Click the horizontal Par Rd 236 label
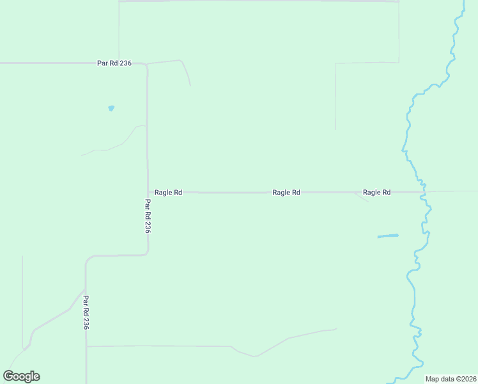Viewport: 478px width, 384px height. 114,63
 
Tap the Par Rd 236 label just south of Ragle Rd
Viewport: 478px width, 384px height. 147,216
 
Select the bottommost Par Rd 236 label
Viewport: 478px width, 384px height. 86,312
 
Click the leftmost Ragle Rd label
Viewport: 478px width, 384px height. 169,192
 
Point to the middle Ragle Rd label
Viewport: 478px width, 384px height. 286,192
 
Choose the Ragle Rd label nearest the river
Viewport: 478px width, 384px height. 376,192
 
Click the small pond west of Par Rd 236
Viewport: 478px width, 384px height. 111,108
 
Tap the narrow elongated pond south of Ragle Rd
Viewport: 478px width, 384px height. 387,236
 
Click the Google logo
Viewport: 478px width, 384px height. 22,376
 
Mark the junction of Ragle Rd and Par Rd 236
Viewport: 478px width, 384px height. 148,192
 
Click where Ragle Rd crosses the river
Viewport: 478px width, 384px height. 423,191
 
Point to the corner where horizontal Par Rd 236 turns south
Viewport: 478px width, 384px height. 146,65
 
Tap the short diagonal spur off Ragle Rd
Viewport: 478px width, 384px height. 362,197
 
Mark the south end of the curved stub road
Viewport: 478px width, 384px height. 190,85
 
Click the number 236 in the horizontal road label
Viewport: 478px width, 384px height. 125,63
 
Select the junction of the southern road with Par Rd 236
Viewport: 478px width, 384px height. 86,346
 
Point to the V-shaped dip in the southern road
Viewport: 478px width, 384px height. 254,356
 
